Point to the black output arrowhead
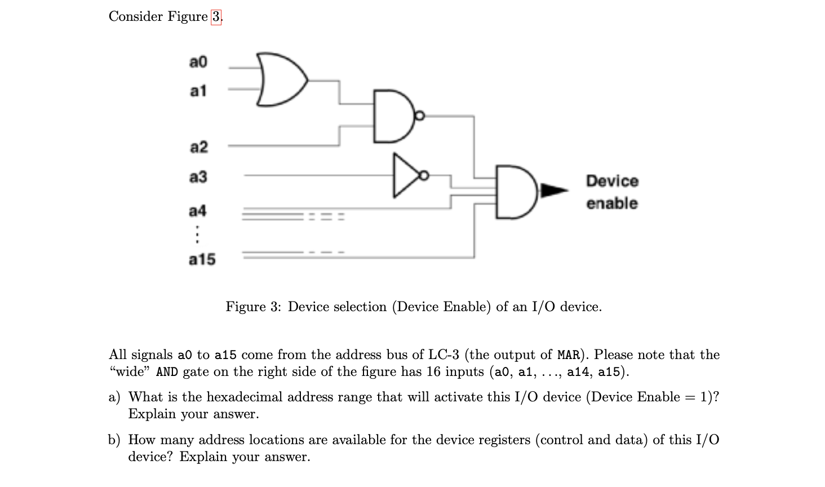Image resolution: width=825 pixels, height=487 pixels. pos(555,191)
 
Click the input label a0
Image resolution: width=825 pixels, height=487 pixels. pos(198,61)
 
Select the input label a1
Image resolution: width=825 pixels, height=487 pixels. pos(198,91)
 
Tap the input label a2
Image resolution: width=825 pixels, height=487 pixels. pos(198,147)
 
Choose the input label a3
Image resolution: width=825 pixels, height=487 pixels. pos(198,177)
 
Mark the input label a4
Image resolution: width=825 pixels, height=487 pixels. pos(197,211)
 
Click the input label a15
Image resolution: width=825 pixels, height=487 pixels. pos(202,259)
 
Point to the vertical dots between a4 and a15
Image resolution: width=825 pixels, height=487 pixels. pos(197,234)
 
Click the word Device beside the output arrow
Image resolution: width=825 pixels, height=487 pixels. pos(612,181)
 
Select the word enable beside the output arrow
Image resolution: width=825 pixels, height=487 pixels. pos(611,203)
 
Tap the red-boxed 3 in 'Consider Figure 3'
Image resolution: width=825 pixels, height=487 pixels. pos(216,17)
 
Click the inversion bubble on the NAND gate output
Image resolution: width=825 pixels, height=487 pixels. pos(419,116)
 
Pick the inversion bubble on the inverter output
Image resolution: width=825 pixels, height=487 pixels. pos(425,175)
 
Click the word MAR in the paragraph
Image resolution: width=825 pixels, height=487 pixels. pos(569,355)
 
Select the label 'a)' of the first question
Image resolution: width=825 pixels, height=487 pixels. pos(114,397)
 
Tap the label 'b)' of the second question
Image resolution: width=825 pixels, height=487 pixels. pos(114,440)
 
